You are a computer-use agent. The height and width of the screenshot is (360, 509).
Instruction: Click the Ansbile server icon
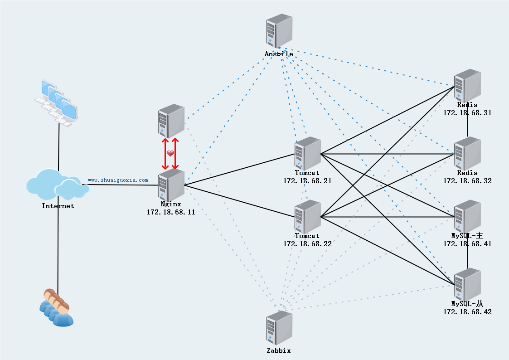pyautogui.click(x=279, y=30)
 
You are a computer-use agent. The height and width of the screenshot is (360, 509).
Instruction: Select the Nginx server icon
pyautogui.click(x=171, y=185)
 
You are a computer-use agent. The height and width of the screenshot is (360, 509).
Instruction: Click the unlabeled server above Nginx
pyautogui.click(x=171, y=121)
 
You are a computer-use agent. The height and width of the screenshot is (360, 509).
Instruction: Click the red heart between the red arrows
pyautogui.click(x=170, y=154)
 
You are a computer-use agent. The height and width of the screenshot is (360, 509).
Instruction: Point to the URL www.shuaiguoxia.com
pyautogui.click(x=118, y=180)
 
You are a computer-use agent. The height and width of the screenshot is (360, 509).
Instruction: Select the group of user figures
pyautogui.click(x=56, y=308)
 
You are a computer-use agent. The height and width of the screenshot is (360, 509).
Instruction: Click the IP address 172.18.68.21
pyautogui.click(x=307, y=180)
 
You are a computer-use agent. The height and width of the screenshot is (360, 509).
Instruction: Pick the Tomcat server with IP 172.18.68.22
pyautogui.click(x=307, y=217)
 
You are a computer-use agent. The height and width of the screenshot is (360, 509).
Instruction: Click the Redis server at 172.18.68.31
pyautogui.click(x=467, y=86)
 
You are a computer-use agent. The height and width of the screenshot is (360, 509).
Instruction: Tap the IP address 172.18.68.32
pyautogui.click(x=467, y=180)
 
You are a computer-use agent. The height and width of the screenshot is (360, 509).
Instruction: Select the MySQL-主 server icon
pyautogui.click(x=467, y=217)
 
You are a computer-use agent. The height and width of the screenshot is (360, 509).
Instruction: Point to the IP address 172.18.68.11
pyautogui.click(x=171, y=212)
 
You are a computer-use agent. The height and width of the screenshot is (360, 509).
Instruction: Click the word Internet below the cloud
pyautogui.click(x=58, y=206)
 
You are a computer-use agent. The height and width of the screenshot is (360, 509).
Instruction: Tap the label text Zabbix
pyautogui.click(x=279, y=350)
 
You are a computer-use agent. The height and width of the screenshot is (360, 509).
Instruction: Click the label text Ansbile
pyautogui.click(x=279, y=54)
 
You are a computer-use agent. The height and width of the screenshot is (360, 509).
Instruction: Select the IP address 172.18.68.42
pyautogui.click(x=467, y=312)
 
